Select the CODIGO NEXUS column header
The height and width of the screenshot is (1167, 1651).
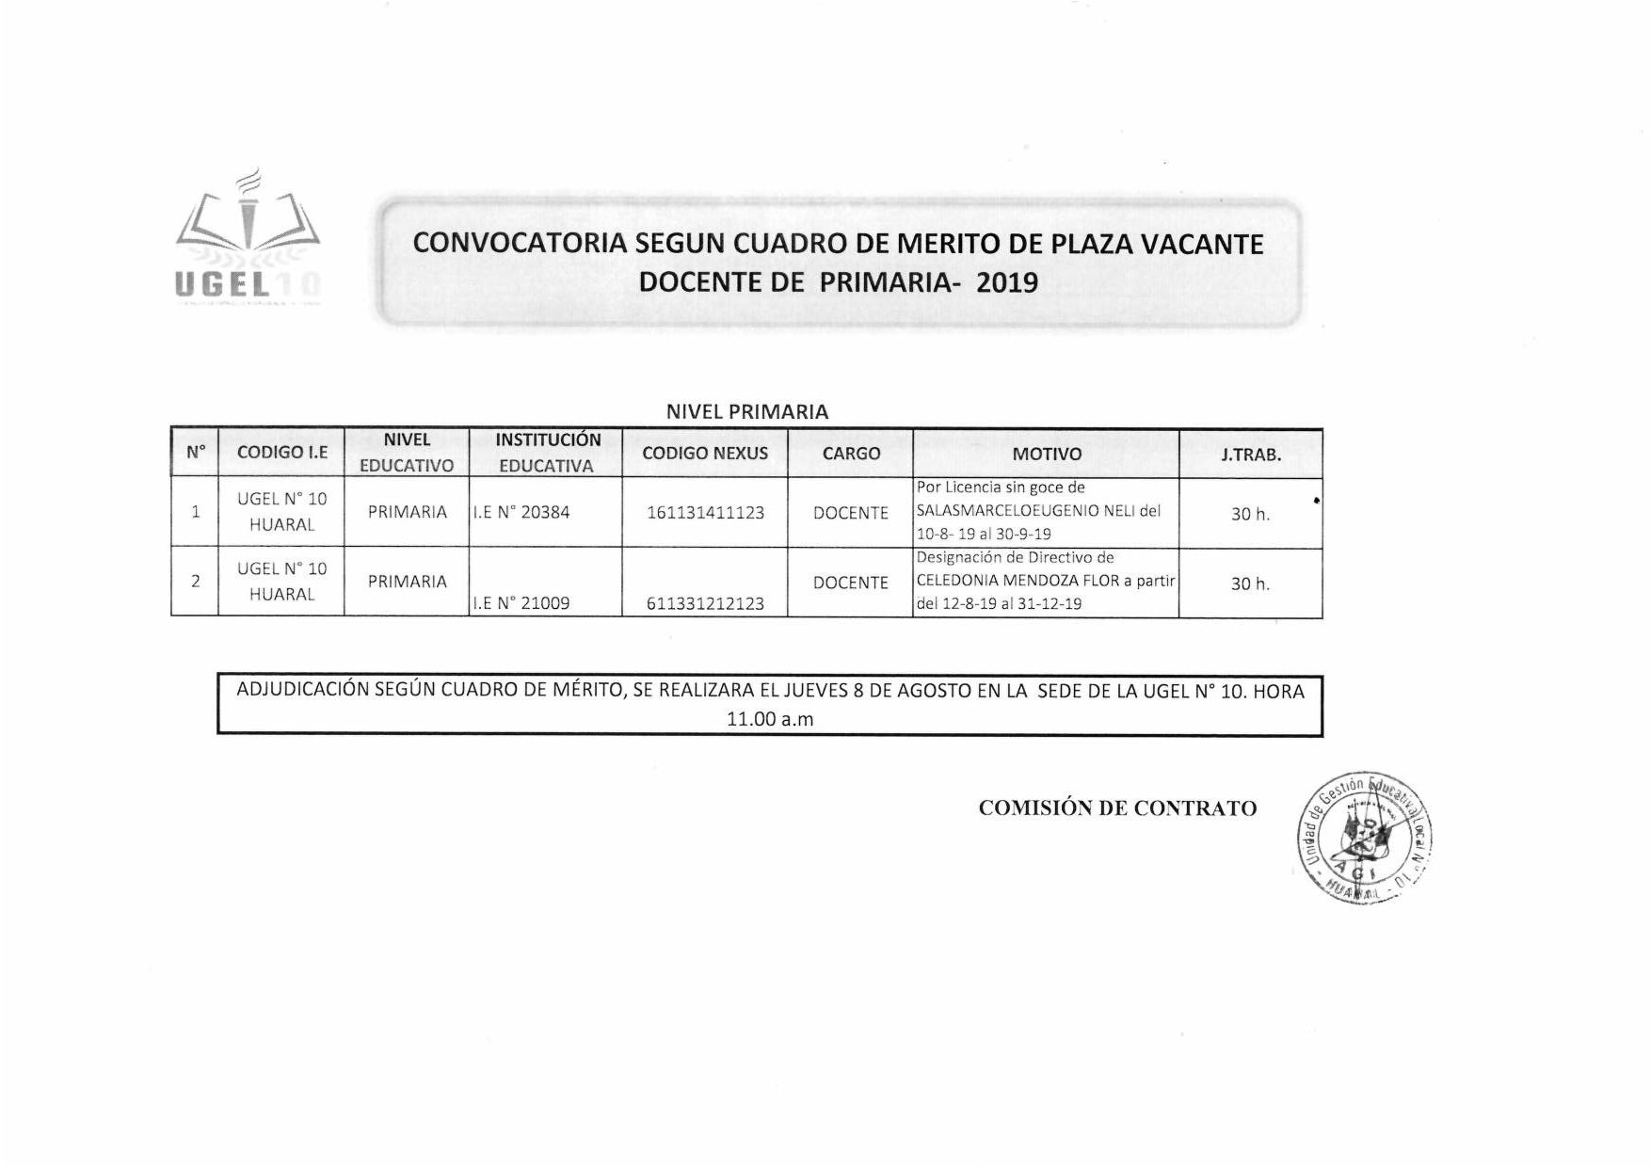[705, 454]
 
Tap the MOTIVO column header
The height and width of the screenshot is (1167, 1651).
[1047, 455]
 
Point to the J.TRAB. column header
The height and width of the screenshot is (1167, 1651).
[1251, 455]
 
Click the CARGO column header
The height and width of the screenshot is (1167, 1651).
[851, 454]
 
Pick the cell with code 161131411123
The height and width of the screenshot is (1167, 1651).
[705, 513]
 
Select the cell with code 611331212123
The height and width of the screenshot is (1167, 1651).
[705, 603]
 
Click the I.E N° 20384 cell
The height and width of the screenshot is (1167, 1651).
[521, 513]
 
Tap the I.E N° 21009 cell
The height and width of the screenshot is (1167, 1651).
[521, 603]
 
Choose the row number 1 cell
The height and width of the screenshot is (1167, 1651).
[196, 512]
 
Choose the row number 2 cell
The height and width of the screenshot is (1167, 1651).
[196, 582]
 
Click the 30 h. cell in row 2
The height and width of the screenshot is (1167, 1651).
[1251, 583]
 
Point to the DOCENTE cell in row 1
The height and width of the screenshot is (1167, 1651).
[851, 513]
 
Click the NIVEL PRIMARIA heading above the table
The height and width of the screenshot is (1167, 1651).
[747, 411]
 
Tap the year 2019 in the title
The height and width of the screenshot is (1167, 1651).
[1007, 282]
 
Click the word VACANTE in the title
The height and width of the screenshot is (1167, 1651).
[1202, 244]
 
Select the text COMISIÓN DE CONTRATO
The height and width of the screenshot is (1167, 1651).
[1117, 808]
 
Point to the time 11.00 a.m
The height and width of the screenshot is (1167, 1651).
[770, 720]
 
